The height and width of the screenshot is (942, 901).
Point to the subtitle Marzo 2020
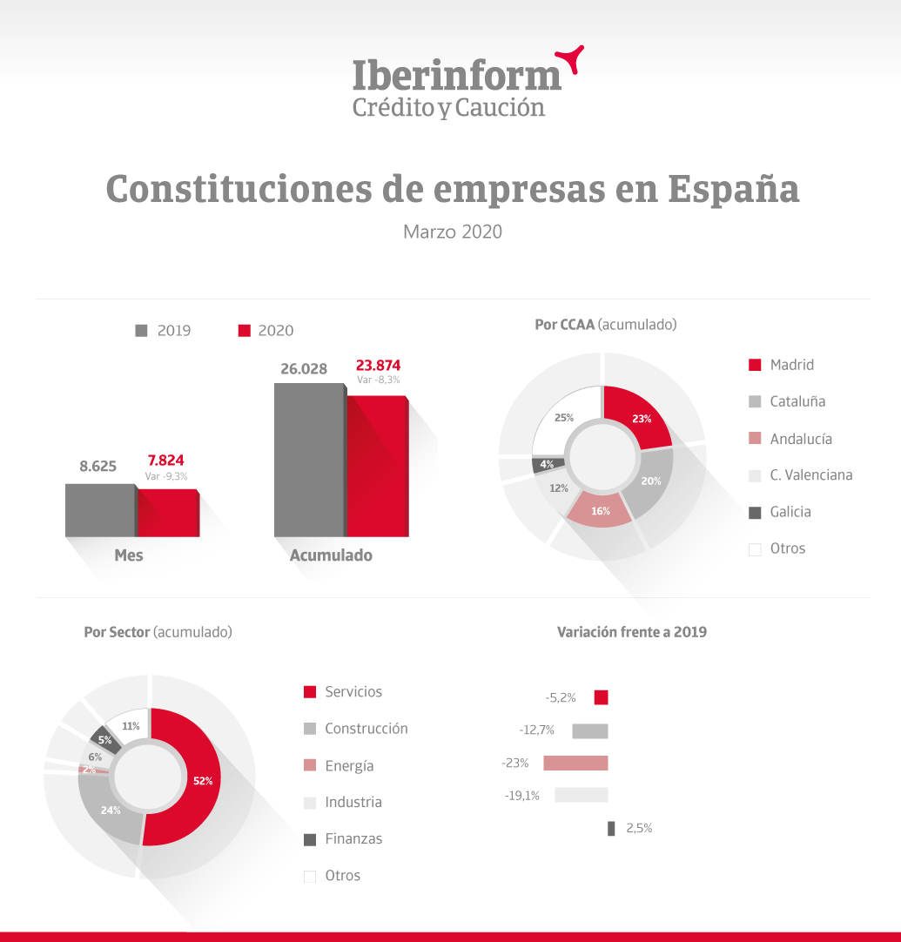(453, 232)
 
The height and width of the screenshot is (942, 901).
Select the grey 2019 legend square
(142, 331)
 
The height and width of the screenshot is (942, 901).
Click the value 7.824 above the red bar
(165, 461)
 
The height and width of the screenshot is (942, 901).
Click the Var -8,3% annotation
(379, 380)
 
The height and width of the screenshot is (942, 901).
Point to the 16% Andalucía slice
(600, 511)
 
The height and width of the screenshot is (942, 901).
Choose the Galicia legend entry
(779, 512)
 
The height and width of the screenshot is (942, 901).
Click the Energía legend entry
(339, 766)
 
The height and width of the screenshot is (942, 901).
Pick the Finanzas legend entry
(343, 839)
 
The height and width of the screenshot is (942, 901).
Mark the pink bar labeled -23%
(575, 763)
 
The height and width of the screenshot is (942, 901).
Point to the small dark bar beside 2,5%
(611, 829)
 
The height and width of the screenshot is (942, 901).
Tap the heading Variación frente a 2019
(631, 632)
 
